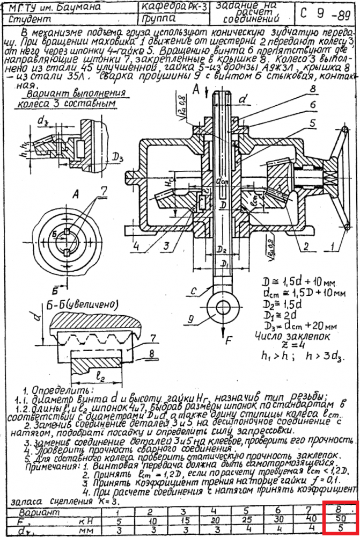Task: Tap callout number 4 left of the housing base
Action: click(138, 246)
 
